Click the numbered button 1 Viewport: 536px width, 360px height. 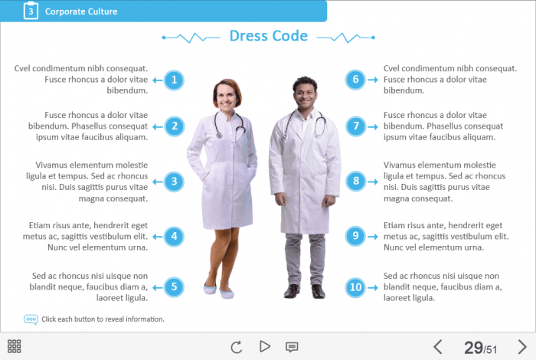tap(174, 80)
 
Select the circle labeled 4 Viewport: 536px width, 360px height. tap(174, 236)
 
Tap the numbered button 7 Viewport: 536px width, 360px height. tap(355, 126)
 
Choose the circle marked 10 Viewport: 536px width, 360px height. tap(355, 287)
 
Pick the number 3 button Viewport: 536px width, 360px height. tap(174, 182)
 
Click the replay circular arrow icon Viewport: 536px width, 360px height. tap(236, 347)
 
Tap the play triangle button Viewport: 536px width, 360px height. tap(265, 346)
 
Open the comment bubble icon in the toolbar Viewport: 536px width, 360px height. tap(292, 347)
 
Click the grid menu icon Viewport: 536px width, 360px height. tap(14, 346)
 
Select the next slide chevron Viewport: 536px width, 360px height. tap(522, 347)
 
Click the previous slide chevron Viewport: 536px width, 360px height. tap(437, 347)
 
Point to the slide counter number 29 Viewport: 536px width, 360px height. tap(473, 348)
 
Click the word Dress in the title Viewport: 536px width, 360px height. tap(249, 36)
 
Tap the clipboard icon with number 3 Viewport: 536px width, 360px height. tap(31, 11)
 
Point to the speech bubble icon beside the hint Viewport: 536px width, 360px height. tap(31, 319)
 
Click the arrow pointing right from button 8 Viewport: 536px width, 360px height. tap(373, 182)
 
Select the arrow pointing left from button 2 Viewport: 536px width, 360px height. tap(158, 127)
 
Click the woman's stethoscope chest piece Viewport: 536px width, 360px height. tap(219, 136)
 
